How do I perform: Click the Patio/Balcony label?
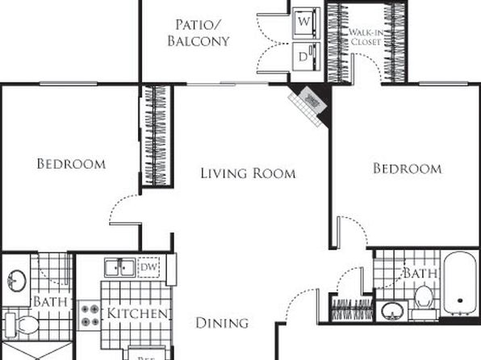pyautogui.click(x=199, y=32)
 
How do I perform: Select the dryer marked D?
pyautogui.click(x=305, y=57)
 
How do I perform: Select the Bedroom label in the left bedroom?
pyautogui.click(x=71, y=164)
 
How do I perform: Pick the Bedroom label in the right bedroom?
pyautogui.click(x=407, y=168)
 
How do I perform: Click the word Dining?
pyautogui.click(x=222, y=323)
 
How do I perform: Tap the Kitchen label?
pyautogui.click(x=136, y=313)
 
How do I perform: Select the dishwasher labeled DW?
pyautogui.click(x=149, y=267)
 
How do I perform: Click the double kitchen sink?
pyautogui.click(x=119, y=268)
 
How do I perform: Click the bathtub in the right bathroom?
pyautogui.click(x=459, y=284)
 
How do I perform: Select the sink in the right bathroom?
pyautogui.click(x=393, y=312)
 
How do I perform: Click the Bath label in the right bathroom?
pyautogui.click(x=419, y=274)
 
